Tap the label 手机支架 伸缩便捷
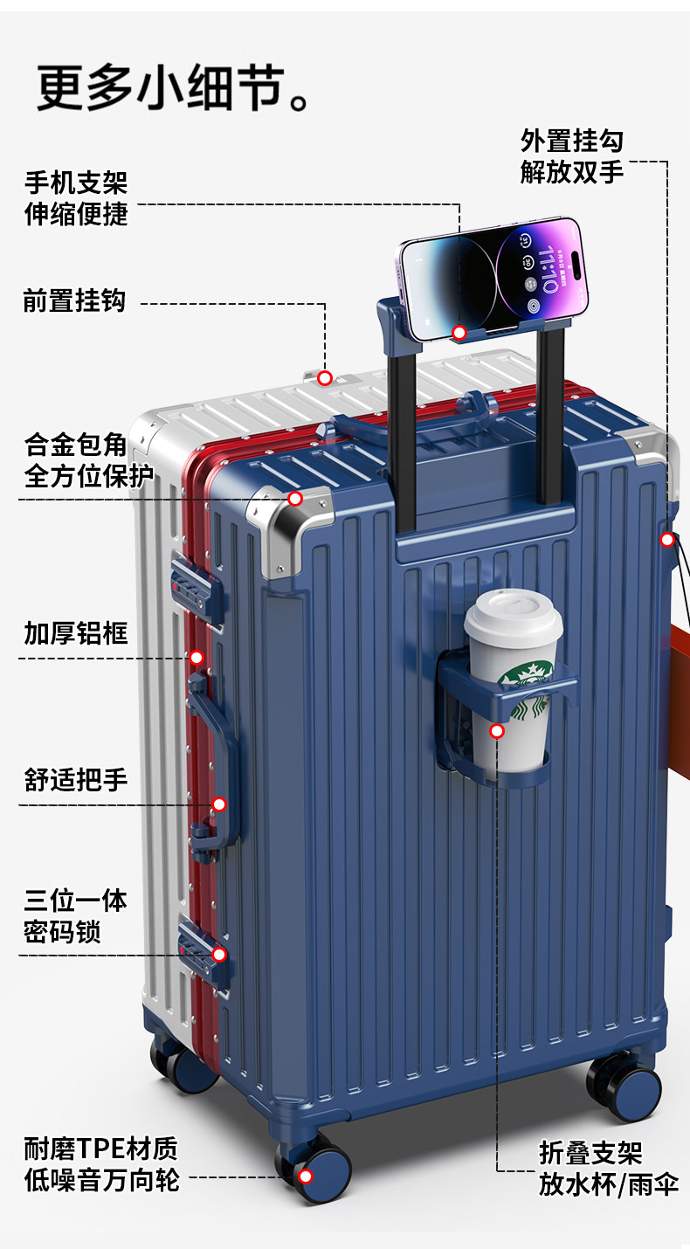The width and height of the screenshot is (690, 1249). [x=76, y=198]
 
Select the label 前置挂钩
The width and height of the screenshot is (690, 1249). [x=74, y=301]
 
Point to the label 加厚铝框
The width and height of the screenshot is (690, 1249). [x=76, y=632]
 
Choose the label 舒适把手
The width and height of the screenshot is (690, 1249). [x=76, y=777]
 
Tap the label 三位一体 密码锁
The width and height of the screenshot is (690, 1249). [x=75, y=915]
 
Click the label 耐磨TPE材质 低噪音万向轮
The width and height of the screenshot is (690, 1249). [x=101, y=1163]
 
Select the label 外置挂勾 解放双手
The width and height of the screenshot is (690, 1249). [x=572, y=155]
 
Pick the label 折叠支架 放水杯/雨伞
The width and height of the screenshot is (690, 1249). [x=608, y=1169]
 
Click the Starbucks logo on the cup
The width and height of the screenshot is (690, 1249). [x=527, y=691]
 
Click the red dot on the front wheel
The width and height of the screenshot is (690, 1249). [x=306, y=1176]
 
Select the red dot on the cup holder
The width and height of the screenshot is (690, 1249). [x=497, y=730]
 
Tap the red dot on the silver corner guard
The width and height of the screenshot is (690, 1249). [x=295, y=499]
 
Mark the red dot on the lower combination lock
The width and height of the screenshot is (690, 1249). [x=219, y=954]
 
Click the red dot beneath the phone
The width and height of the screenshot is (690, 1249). [x=459, y=332]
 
